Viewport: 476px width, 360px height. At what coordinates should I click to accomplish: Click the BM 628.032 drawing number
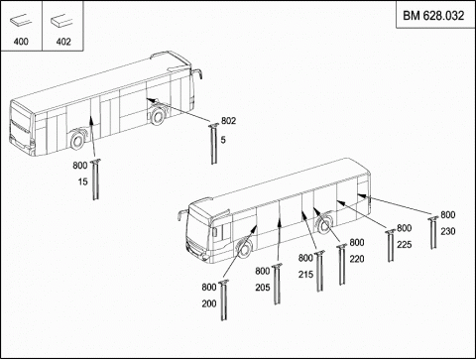click(x=433, y=16)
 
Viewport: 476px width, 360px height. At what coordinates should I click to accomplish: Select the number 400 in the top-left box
click(x=21, y=42)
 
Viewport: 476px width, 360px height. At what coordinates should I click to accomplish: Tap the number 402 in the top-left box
click(x=63, y=42)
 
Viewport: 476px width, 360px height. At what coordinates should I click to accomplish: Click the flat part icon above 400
click(x=21, y=21)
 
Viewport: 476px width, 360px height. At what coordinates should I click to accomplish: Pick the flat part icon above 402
click(x=61, y=21)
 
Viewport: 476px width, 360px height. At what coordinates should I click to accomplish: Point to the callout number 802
click(x=228, y=121)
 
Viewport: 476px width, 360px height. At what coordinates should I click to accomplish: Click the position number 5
click(x=223, y=140)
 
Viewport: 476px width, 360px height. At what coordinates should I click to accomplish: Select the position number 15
click(x=83, y=181)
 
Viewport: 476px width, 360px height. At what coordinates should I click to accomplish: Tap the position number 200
click(x=209, y=303)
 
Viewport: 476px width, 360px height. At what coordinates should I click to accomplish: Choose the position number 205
click(x=263, y=288)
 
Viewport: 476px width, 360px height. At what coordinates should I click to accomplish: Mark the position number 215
click(x=305, y=275)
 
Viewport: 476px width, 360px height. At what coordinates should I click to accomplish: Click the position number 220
click(x=357, y=259)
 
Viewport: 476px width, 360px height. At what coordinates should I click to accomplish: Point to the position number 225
click(x=405, y=245)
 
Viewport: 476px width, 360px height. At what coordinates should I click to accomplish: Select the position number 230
click(x=448, y=231)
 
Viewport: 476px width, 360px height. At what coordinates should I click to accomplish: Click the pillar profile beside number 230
click(x=433, y=232)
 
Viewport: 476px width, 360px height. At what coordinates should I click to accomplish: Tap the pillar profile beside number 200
click(x=224, y=300)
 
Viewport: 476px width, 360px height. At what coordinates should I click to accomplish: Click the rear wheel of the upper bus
click(x=158, y=115)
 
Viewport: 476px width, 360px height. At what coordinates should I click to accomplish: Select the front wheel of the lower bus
click(x=244, y=250)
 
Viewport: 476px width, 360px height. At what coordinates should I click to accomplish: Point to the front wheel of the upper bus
click(x=77, y=141)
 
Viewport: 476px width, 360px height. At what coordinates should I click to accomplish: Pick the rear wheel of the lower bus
click(x=324, y=225)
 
